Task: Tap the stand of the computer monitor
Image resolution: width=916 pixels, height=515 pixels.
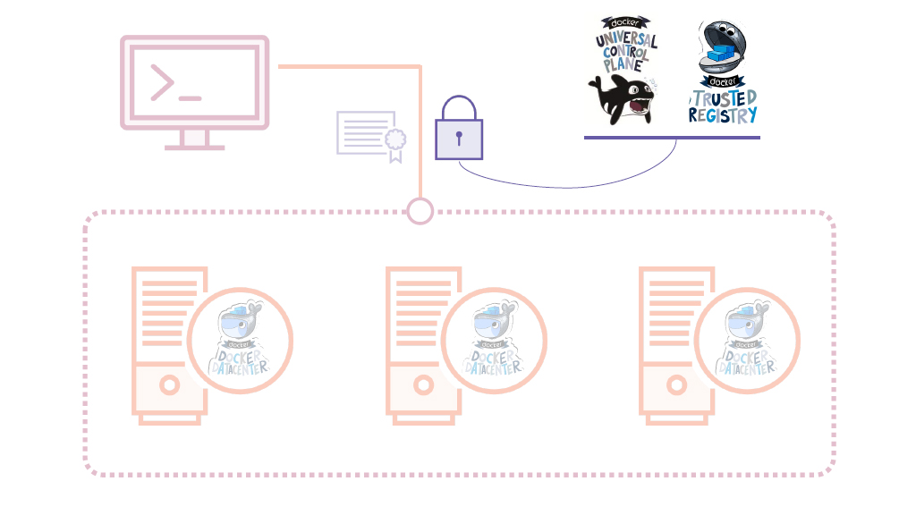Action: pos(195,139)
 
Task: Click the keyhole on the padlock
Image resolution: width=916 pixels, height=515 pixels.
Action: pos(459,139)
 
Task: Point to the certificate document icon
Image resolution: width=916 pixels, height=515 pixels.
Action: pos(369,135)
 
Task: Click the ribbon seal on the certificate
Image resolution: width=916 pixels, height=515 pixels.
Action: pos(394,141)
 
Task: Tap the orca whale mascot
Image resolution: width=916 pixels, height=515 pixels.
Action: pos(623,99)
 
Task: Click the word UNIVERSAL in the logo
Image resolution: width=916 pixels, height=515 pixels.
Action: pos(626,41)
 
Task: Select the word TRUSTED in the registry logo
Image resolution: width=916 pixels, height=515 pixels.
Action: pos(724,97)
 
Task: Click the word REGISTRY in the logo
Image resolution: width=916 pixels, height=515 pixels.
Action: pos(723,115)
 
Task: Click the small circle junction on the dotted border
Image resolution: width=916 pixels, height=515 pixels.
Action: pos(420,212)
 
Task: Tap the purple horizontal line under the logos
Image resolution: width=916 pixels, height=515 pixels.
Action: pos(672,138)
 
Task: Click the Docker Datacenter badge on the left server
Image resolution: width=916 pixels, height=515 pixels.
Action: pos(241,341)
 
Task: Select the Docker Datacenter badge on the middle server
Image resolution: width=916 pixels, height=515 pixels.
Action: pos(494,341)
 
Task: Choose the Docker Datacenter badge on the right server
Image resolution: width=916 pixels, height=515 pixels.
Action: pos(747,341)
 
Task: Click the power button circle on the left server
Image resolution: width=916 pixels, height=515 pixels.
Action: pos(169,385)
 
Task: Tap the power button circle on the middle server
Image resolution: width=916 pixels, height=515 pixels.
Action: pos(423,385)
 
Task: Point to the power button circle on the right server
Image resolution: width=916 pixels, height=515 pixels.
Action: pos(676,385)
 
